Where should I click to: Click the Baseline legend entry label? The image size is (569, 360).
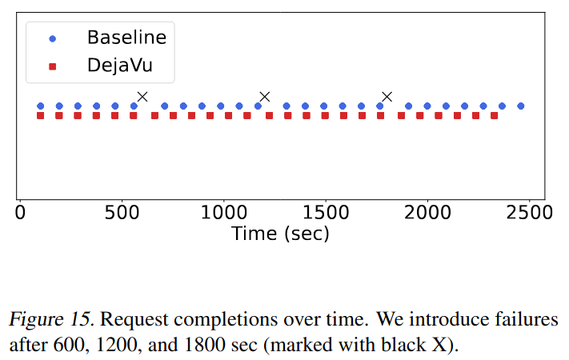pos(126,38)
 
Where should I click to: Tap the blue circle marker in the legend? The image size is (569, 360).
pos(54,38)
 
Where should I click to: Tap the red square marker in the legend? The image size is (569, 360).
pos(54,68)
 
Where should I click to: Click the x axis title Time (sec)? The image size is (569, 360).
pos(280,234)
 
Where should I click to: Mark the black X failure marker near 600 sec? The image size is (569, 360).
pos(142,97)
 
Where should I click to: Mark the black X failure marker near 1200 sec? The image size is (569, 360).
pos(265,97)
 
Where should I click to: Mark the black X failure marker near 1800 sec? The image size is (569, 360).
pos(387,97)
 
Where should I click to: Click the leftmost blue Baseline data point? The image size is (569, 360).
pos(41,106)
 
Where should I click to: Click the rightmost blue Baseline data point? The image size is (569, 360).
pos(521,106)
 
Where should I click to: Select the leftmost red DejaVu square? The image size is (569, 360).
pos(41,116)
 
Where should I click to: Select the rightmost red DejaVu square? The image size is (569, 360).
pos(495,116)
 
